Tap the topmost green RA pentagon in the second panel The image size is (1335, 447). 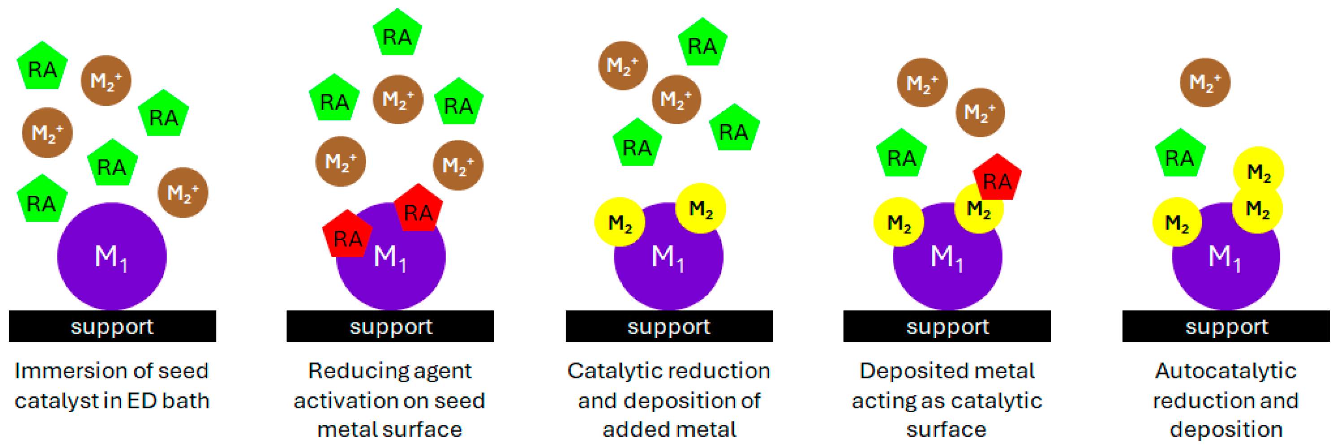pos(397,34)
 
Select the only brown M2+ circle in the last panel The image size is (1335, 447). pos(1205,82)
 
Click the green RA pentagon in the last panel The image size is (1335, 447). pos(1179,155)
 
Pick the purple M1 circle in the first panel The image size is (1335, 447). pos(112,256)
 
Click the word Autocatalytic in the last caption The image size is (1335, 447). pos(1226,371)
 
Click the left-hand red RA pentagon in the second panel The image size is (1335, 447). pos(347,235)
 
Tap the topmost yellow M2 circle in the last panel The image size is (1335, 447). pos(1258,171)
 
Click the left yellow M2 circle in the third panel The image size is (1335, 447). pos(619,222)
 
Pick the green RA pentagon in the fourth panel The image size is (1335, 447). pos(901,155)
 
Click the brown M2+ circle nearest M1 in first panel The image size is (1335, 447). pos(182,193)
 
